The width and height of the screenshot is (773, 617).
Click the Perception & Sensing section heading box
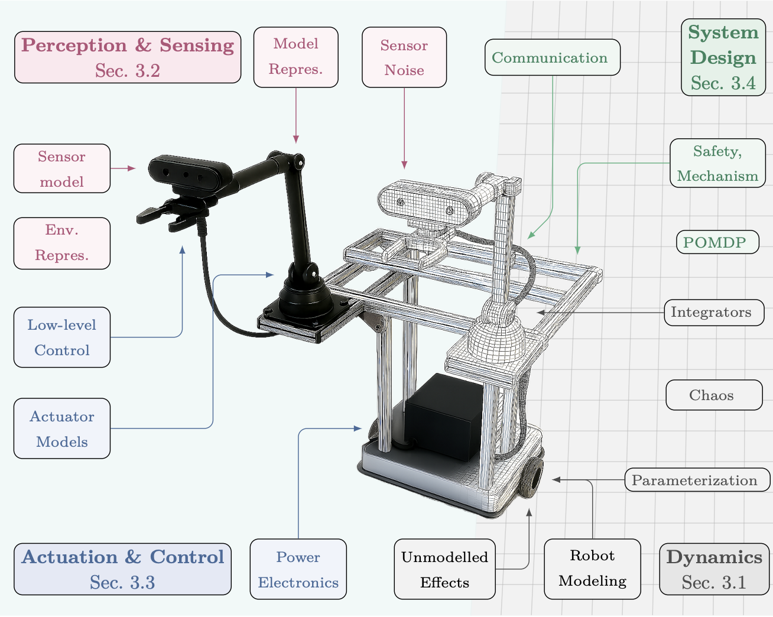tap(128, 57)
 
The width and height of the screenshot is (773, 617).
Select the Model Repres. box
tap(296, 57)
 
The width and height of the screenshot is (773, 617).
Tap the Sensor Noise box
tap(404, 57)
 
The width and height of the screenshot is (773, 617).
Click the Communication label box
tap(552, 57)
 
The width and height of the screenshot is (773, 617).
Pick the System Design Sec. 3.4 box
tap(723, 57)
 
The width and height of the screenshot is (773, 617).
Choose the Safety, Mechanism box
tap(717, 163)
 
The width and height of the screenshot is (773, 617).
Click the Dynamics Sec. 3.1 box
tap(714, 569)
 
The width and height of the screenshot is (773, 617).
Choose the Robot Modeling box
tap(592, 569)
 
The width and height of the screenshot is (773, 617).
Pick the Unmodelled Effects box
tap(444, 569)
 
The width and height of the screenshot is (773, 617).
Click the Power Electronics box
tap(298, 569)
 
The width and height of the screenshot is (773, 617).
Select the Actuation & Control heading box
tap(123, 569)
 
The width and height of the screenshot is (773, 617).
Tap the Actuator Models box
tap(62, 428)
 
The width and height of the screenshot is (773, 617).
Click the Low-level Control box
tap(62, 337)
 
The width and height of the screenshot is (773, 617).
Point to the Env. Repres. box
tap(62, 243)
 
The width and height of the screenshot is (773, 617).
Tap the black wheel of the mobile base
tap(532, 476)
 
